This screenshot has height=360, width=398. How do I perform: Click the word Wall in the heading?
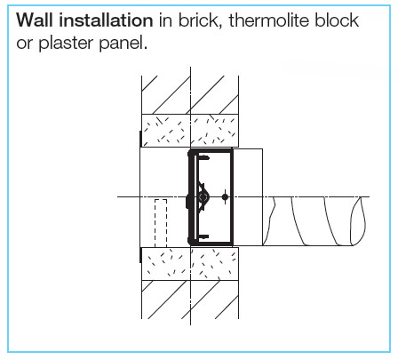35,20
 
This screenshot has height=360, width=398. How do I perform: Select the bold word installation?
106,20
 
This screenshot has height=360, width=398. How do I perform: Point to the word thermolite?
268,20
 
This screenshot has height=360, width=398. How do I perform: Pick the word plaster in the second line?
66,44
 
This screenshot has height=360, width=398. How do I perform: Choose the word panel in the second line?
123,44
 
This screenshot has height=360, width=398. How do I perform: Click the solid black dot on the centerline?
225,196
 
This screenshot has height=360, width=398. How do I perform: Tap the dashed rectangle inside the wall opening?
161,223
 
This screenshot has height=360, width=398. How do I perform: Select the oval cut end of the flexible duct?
358,220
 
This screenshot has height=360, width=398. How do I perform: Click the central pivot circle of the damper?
203,197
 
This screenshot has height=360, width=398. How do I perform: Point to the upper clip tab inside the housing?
204,158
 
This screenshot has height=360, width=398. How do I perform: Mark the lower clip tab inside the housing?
204,236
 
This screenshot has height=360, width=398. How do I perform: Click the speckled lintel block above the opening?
190,131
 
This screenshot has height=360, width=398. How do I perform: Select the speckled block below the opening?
190,264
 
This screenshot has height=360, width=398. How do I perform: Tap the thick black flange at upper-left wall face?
140,139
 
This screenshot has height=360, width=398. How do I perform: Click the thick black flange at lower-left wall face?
140,255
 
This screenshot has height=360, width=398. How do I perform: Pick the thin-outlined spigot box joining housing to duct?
248,197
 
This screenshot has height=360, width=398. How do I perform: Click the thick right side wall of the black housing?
232,197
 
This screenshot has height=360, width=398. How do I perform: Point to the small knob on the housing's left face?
187,202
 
